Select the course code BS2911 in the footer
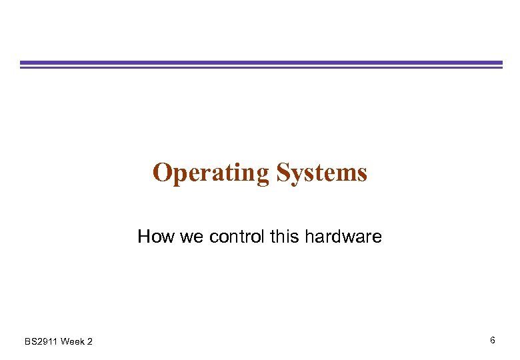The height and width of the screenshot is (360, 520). [41, 342]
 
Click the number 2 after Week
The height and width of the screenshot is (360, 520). [90, 342]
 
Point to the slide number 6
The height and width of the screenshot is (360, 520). [492, 341]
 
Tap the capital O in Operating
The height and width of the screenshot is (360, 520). [162, 173]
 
